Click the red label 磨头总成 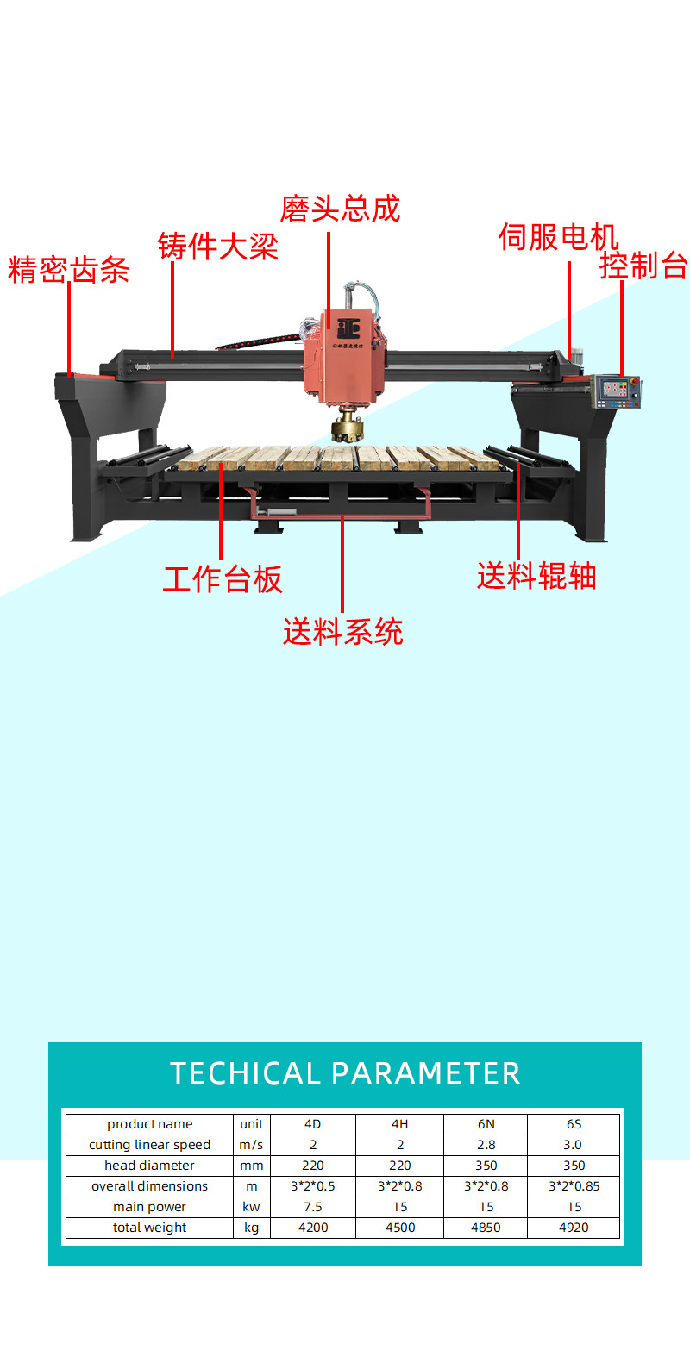point(340,209)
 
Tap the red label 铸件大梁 point(218,247)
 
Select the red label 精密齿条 point(68,270)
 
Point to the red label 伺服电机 point(559,237)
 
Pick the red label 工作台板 point(223,578)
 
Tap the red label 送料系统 point(342,631)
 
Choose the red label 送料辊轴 point(536,576)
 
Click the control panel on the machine point(616,391)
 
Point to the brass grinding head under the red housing point(347,425)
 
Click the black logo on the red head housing point(348,328)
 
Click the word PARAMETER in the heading point(426,1073)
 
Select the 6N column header point(486,1124)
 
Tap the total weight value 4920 point(574,1228)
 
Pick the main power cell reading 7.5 point(312,1206)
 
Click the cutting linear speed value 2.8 point(486,1145)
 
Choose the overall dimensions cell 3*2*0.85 point(574,1185)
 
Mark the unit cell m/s point(251,1145)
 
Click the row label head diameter point(149,1166)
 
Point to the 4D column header point(312,1124)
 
